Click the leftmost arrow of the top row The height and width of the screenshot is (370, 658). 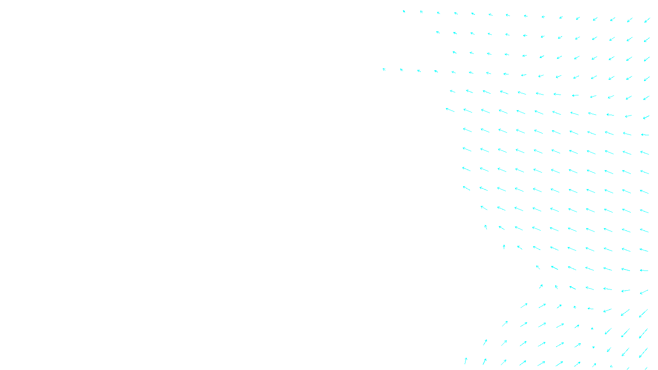[x=404, y=12]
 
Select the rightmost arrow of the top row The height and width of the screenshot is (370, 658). [x=647, y=20]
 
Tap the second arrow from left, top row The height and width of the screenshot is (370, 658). [x=422, y=12]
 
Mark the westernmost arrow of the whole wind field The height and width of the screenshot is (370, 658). [x=384, y=69]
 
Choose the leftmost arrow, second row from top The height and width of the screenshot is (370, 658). [x=438, y=32]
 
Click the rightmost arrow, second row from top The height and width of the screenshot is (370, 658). [x=647, y=39]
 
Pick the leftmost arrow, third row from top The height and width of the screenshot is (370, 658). [x=454, y=52]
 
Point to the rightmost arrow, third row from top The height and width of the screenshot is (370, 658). [x=647, y=59]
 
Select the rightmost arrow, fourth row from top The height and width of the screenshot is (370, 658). [x=647, y=79]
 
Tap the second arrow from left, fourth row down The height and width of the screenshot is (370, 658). [x=401, y=70]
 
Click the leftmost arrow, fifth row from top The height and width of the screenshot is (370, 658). [x=452, y=91]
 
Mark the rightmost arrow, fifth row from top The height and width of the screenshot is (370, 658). [x=646, y=98]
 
